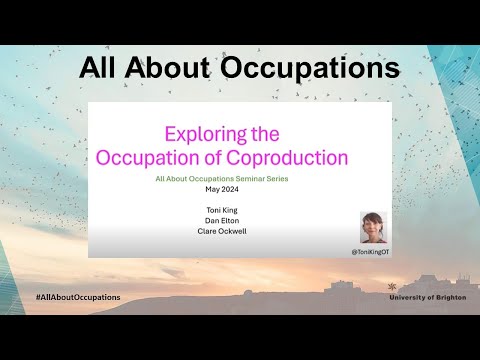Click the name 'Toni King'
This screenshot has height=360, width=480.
pyautogui.click(x=222, y=210)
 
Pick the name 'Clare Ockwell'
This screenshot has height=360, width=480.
pyautogui.click(x=222, y=232)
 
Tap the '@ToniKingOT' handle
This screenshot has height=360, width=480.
pyautogui.click(x=369, y=251)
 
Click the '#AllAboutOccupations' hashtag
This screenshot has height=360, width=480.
pyautogui.click(x=77, y=297)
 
